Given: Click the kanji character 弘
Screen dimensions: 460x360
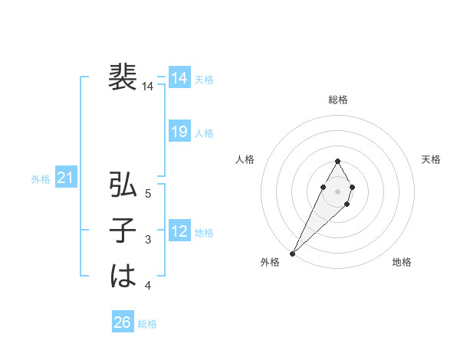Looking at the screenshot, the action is (123, 185).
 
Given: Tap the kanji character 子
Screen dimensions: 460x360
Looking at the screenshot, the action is (123, 231).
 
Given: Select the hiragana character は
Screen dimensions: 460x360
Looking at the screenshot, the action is (123, 277).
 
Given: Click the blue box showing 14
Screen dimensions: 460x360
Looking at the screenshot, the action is (179, 78).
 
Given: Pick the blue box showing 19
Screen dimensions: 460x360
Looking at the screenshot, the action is (179, 132).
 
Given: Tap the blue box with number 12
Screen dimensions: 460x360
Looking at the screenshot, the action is (179, 231).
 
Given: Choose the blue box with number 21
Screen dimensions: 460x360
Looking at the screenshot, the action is (66, 178).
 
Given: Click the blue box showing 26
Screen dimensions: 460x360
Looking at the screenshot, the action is (123, 322).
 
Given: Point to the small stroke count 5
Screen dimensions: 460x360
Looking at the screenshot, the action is (148, 195).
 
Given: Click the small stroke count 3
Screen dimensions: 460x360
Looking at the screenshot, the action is (148, 241).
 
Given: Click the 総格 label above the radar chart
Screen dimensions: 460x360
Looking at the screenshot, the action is (338, 100).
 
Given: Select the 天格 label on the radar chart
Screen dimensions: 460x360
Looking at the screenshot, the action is (432, 159).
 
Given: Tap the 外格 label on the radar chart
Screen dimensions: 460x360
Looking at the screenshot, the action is (270, 262).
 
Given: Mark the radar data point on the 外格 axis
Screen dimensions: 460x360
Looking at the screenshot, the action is (292, 253).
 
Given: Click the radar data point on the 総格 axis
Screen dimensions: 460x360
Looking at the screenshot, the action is (338, 161).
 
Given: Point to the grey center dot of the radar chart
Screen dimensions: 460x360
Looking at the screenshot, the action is (337, 190).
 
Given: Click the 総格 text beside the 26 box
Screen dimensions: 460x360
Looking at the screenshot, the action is (147, 324).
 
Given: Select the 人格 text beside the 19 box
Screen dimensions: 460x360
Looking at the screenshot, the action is (204, 133).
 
